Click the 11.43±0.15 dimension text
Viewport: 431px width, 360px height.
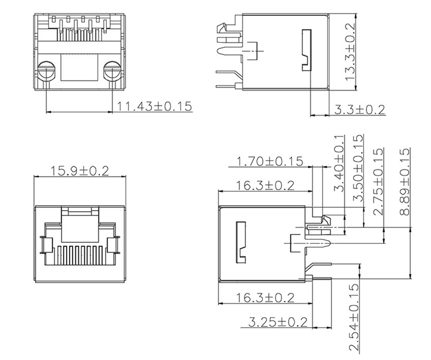[x=154, y=106]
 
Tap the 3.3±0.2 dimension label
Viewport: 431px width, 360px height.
[x=359, y=109]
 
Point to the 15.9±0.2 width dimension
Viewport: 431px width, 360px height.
[x=80, y=171]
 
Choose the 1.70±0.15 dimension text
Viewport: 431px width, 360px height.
[x=270, y=161]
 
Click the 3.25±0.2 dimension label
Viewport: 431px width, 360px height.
[x=277, y=322]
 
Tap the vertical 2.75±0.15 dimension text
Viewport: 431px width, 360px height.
[x=378, y=182]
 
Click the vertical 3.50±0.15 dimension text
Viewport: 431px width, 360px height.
[x=358, y=168]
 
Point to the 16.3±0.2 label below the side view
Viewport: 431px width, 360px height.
[x=265, y=297]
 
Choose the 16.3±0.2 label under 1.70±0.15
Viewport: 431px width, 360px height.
[x=265, y=185]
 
